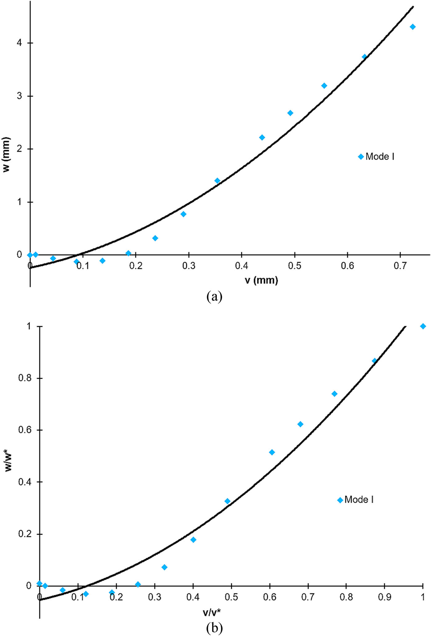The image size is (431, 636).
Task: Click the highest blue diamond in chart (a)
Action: tap(413, 27)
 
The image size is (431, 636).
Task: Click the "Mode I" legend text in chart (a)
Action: tap(380, 157)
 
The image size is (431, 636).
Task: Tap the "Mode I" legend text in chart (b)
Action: tap(359, 499)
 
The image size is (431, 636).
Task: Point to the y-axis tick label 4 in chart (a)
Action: tap(19, 43)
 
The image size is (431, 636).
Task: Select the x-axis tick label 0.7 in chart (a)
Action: tap(400, 266)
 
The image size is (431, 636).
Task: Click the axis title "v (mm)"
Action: tap(261, 280)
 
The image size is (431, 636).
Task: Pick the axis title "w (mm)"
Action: tap(6, 155)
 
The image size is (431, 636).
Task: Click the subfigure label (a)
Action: tap(215, 297)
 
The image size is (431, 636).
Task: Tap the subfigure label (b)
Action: tap(215, 628)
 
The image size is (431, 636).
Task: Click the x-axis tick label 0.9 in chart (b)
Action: tap(385, 597)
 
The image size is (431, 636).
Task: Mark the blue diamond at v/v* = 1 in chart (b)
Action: tap(423, 326)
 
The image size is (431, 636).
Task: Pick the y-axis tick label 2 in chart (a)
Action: tap(19, 149)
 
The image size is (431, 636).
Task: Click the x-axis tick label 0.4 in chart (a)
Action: tap(242, 266)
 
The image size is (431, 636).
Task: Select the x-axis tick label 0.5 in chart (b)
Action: tap(231, 597)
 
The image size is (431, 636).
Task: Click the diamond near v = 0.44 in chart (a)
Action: tap(262, 137)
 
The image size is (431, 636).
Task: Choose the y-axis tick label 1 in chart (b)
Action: tap(29, 326)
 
